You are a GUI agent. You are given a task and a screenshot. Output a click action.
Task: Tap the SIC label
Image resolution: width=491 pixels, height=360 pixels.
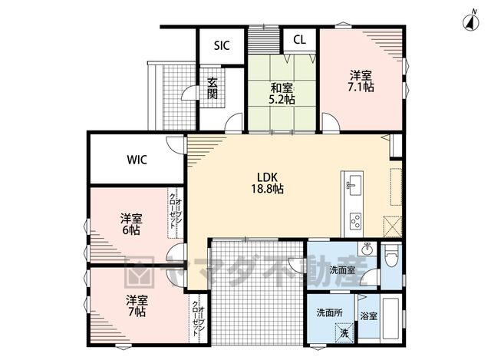[x=222, y=46]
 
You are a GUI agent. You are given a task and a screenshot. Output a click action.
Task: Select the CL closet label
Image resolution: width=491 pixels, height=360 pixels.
[x=300, y=40]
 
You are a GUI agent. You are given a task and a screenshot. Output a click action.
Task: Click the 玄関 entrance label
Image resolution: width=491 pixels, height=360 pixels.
[x=213, y=88]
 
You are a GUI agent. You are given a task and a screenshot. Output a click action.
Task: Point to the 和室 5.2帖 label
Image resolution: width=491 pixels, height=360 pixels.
[x=282, y=94]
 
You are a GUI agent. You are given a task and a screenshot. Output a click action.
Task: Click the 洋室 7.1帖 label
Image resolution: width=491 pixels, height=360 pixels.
[x=361, y=81]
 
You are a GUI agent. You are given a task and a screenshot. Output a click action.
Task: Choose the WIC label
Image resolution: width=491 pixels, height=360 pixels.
[x=137, y=160]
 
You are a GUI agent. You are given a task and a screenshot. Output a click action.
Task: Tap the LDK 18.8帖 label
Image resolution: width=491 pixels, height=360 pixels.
[x=268, y=183]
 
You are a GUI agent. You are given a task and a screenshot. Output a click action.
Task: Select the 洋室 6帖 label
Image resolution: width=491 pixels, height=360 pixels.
[x=131, y=224]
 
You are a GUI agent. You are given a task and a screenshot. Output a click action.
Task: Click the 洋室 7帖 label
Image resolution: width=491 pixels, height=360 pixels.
[x=137, y=306]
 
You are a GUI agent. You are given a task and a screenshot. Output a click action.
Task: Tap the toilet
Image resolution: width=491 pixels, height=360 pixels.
[x=391, y=256]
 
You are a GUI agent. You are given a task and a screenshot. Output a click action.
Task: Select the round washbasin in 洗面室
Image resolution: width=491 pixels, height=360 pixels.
[x=367, y=249]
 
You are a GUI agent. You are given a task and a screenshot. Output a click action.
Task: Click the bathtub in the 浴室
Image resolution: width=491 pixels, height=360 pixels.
[x=390, y=315]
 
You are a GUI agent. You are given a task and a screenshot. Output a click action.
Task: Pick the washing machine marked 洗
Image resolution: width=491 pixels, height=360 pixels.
[x=344, y=332]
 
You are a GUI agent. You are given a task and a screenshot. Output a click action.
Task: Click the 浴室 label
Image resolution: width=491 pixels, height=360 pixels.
[x=368, y=315]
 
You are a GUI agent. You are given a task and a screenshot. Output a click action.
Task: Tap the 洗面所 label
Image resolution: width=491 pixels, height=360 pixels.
[x=329, y=312]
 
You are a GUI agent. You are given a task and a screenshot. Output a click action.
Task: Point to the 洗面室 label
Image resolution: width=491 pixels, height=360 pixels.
[x=343, y=270]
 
